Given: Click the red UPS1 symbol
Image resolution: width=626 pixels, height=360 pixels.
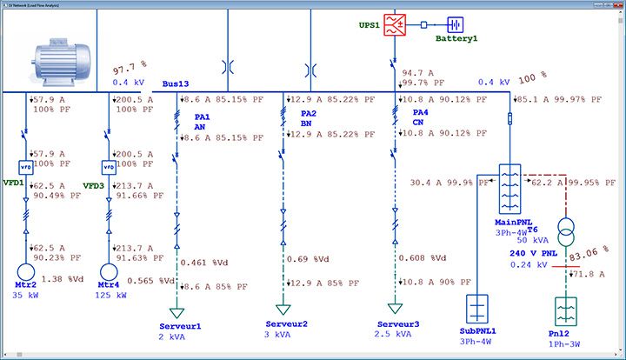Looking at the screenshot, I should click(x=395, y=25).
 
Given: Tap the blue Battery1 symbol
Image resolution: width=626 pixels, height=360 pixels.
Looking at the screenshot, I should click(x=456, y=25).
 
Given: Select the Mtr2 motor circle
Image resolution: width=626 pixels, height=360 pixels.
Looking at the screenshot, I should click(x=26, y=271).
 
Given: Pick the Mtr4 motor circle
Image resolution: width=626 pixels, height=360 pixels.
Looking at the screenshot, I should click(x=109, y=271).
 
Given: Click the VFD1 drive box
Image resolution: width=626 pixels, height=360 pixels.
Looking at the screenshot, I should click(x=26, y=167).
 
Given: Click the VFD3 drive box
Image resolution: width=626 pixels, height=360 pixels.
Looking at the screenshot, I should click(x=109, y=167).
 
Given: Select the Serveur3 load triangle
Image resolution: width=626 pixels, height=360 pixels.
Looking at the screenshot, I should click(x=396, y=309).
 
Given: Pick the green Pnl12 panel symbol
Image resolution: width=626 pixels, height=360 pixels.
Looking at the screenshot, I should click(x=567, y=311).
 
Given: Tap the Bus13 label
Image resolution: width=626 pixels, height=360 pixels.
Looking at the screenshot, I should click(x=176, y=83).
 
